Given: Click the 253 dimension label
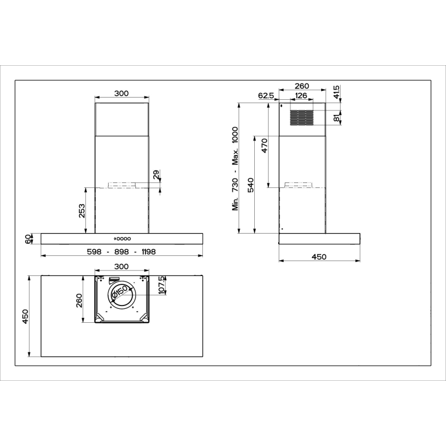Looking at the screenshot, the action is pos(82,211).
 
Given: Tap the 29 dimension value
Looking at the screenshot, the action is pos(156,174).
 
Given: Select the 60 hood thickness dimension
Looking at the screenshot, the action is pos(28,239).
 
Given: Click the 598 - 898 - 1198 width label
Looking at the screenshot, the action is pos(122,252).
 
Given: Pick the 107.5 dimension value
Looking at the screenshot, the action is pos(162,285).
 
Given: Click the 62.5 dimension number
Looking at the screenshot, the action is pos(266,95).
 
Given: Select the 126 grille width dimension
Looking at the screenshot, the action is pos(301,95).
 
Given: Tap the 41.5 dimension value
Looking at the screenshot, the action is pos(336,92).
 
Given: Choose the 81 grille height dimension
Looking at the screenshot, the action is pos(337,118).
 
